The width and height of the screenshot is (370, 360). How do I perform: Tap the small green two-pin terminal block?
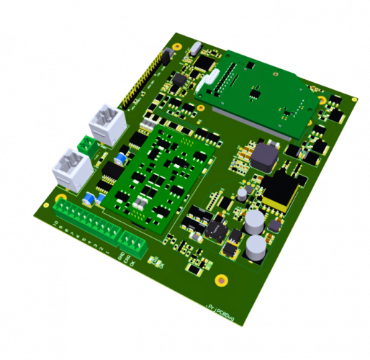tap(90, 145)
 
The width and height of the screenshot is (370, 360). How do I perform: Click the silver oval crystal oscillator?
tap(196, 50)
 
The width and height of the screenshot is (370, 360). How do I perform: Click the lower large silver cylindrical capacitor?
tap(257, 248)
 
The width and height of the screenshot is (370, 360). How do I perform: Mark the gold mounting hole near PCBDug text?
tap(221, 281)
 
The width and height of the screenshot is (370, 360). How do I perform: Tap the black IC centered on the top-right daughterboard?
tap(255, 92)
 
